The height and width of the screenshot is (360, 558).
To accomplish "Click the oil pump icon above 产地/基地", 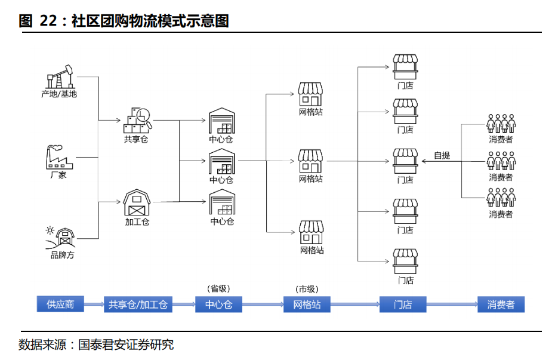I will coord(59,77).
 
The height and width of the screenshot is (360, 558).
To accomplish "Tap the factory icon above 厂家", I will coord(58,158).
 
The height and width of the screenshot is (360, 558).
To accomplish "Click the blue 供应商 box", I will coord(60,304).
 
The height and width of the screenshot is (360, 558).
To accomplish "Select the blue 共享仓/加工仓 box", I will coord(138,304).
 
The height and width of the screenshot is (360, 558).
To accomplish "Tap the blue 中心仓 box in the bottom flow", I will coord(218,304).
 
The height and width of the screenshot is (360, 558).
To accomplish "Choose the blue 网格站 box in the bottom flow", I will coord(307,304).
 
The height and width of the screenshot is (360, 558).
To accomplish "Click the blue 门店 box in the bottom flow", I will coord(403,304).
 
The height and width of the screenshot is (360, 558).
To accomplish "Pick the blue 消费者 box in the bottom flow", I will coord(501,304).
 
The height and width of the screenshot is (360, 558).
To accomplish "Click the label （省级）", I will coord(218,288).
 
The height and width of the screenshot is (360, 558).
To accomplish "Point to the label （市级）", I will coord(307,288).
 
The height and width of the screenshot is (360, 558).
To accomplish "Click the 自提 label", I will coord(442,155).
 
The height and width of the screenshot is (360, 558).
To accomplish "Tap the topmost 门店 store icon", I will coord(405,67).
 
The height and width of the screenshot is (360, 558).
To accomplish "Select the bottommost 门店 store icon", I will coord(405,261).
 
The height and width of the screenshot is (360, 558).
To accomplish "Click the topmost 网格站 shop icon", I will coord(310,94).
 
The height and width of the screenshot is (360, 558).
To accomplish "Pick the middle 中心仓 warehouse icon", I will coord(221,161).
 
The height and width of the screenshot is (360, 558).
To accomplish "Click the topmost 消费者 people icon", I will coord(501,124).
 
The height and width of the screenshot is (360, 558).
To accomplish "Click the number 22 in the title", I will coord(48,21).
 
